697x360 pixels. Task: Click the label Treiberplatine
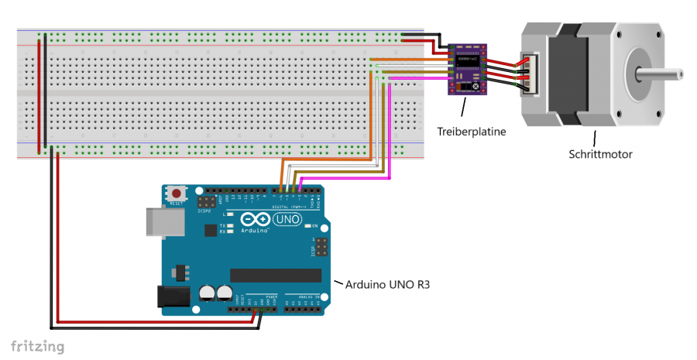(x=471, y=132)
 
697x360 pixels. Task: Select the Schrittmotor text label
(x=600, y=154)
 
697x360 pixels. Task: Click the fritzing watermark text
(x=37, y=346)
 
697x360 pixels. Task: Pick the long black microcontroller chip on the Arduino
(x=276, y=275)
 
